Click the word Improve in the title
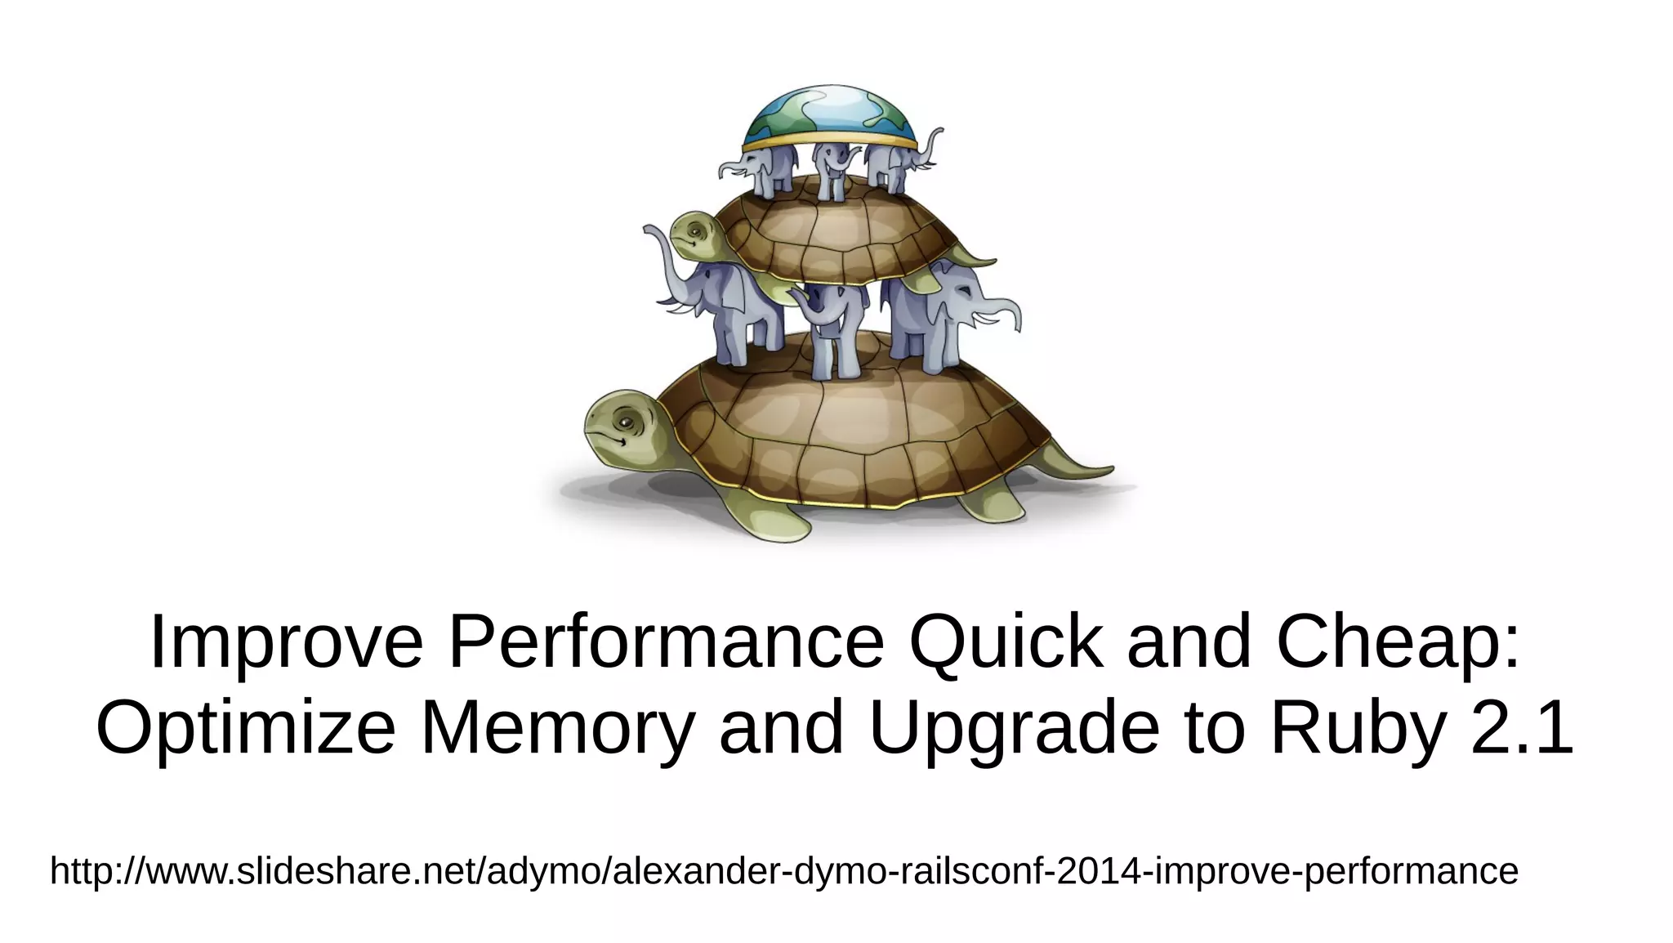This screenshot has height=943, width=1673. click(287, 644)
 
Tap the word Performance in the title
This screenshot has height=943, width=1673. click(666, 644)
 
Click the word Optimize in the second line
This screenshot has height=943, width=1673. click(245, 730)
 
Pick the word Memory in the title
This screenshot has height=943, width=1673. click(556, 730)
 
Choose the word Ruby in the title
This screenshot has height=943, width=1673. click(1357, 730)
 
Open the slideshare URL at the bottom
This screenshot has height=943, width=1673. click(784, 871)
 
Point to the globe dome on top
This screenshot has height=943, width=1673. click(830, 114)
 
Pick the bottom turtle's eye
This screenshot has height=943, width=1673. click(626, 422)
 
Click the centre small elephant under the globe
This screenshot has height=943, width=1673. click(832, 168)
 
